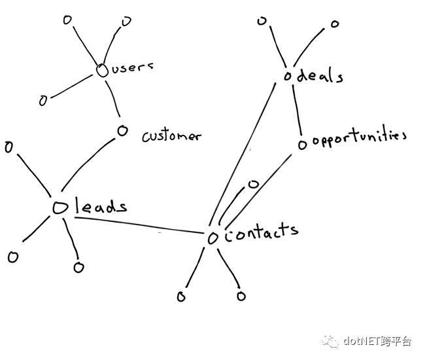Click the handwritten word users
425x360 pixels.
pyautogui.click(x=132, y=67)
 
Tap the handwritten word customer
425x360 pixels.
pyautogui.click(x=171, y=136)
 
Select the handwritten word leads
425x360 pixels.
pyautogui.click(x=101, y=206)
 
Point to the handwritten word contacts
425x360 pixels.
pyautogui.click(x=262, y=233)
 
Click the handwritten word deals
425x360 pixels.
pyautogui.click(x=320, y=75)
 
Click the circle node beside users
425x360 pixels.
pyautogui.click(x=102, y=71)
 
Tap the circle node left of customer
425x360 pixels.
pyautogui.click(x=122, y=131)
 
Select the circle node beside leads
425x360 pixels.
pyautogui.click(x=60, y=207)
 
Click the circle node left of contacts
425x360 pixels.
pyautogui.click(x=212, y=238)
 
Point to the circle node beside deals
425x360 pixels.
pyautogui.click(x=288, y=77)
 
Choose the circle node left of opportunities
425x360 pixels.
pyautogui.click(x=303, y=145)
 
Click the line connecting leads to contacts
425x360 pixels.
pyautogui.click(x=139, y=225)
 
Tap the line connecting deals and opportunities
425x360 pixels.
pyautogui.click(x=297, y=110)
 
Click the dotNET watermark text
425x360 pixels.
pyautogui.click(x=377, y=341)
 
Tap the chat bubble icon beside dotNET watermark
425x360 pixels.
pyautogui.click(x=330, y=341)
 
